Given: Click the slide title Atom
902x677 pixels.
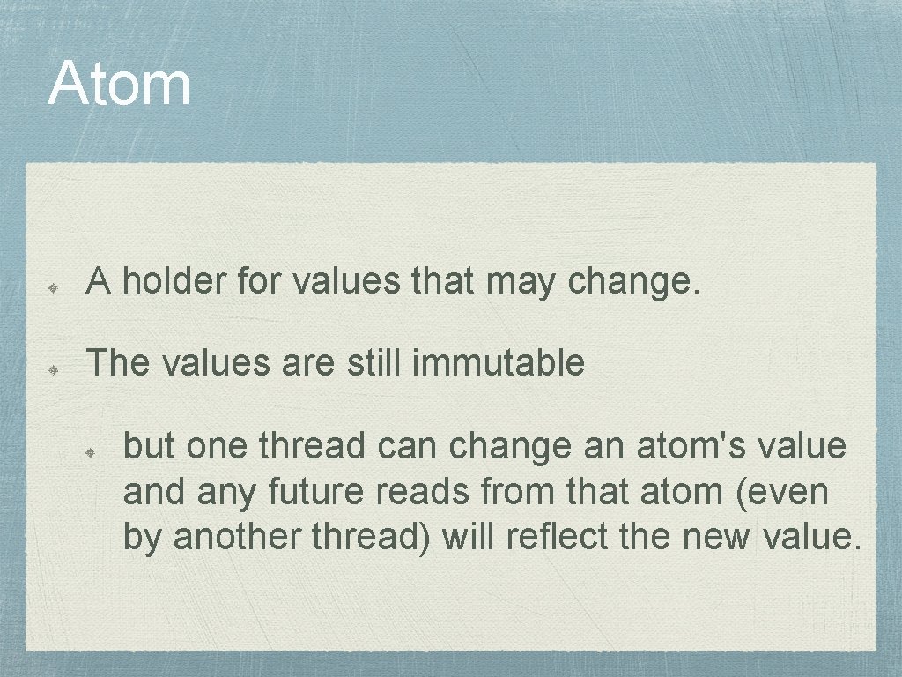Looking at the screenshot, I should coord(119,84).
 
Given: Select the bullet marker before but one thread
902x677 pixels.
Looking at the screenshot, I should coord(92,451).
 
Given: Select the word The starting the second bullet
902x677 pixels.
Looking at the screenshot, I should coord(120,362).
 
